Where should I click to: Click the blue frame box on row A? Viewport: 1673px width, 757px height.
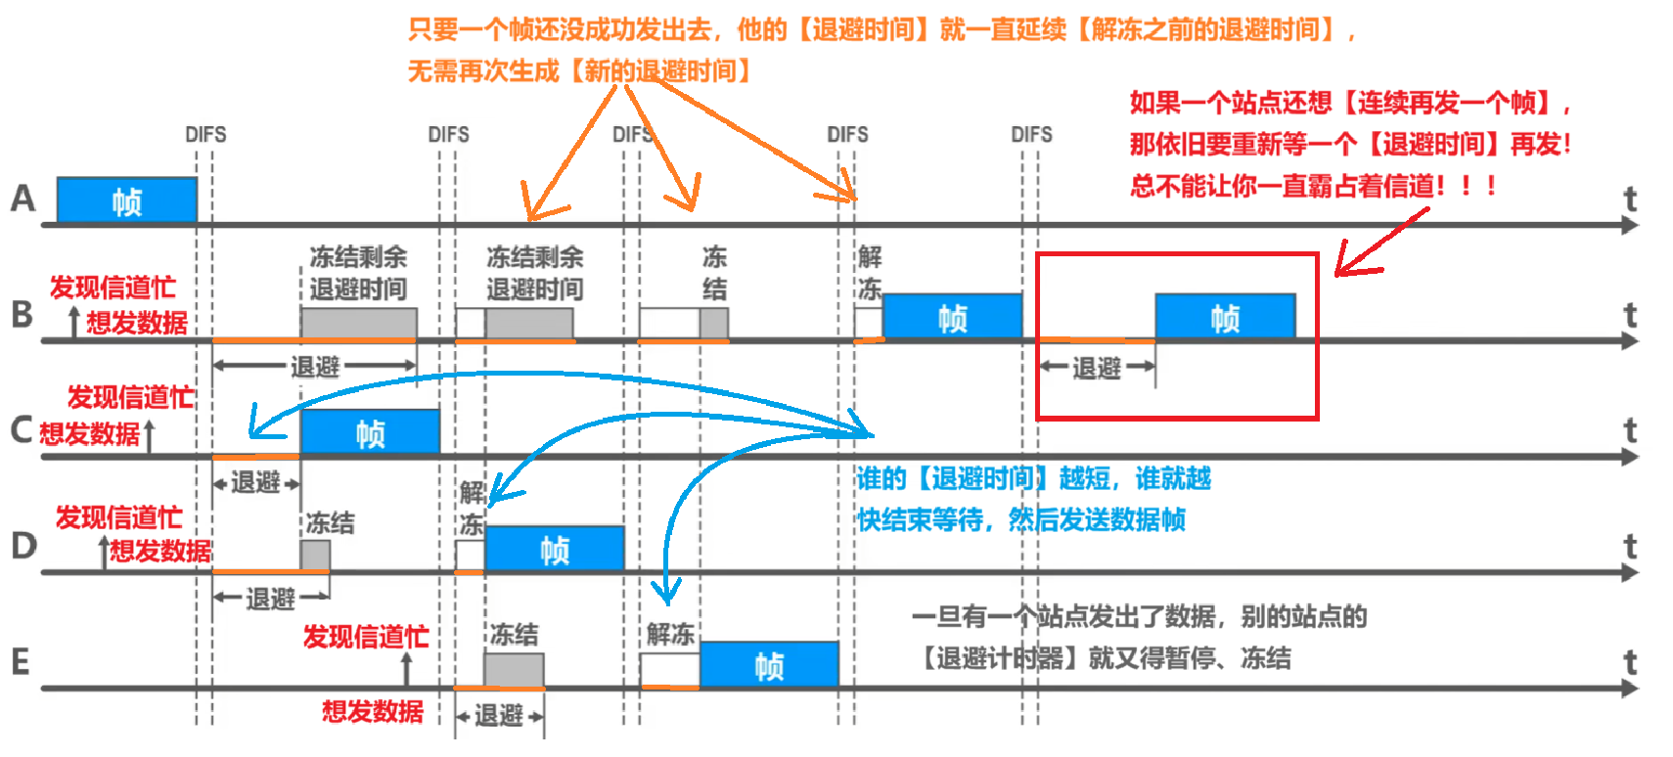(x=127, y=200)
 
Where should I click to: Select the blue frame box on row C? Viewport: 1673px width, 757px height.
(x=370, y=431)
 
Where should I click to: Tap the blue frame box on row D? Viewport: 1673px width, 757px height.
(x=554, y=548)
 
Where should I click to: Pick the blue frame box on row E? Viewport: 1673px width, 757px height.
(x=769, y=664)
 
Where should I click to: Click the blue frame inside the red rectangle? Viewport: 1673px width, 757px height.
(x=1225, y=316)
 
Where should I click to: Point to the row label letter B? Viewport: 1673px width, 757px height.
(x=22, y=315)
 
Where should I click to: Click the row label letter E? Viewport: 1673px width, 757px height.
(x=21, y=662)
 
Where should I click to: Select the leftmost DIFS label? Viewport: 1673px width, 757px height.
(x=205, y=134)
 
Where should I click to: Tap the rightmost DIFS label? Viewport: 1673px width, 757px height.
(x=1031, y=134)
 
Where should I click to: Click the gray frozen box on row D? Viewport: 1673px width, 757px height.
(x=315, y=555)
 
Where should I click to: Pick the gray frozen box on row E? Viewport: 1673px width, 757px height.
(x=514, y=670)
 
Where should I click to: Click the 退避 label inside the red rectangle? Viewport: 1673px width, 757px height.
(x=1096, y=368)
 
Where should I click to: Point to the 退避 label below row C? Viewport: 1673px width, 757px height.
(x=255, y=482)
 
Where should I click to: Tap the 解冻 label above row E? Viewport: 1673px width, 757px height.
(x=670, y=634)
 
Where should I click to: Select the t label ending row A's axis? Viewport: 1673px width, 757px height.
(x=1629, y=200)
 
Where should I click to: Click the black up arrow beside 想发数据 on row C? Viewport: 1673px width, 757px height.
(x=150, y=435)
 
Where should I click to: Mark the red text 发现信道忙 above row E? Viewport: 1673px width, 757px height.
(x=366, y=637)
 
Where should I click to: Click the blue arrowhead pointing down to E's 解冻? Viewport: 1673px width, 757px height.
(x=667, y=592)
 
